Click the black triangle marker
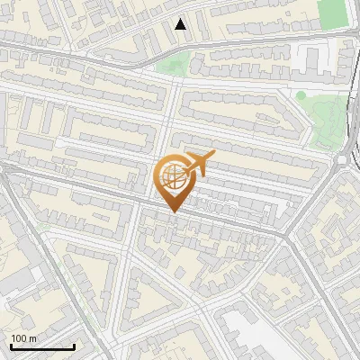click(x=181, y=24)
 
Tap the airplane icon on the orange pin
click(x=197, y=165)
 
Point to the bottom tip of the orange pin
click(x=172, y=212)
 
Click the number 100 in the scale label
click(x=19, y=338)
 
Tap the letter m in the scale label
click(x=33, y=338)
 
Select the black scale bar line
click(x=42, y=347)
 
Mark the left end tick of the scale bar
click(x=11, y=346)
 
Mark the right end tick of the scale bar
click(x=74, y=346)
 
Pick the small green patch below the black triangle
click(x=173, y=63)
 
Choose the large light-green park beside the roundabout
click(x=324, y=121)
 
